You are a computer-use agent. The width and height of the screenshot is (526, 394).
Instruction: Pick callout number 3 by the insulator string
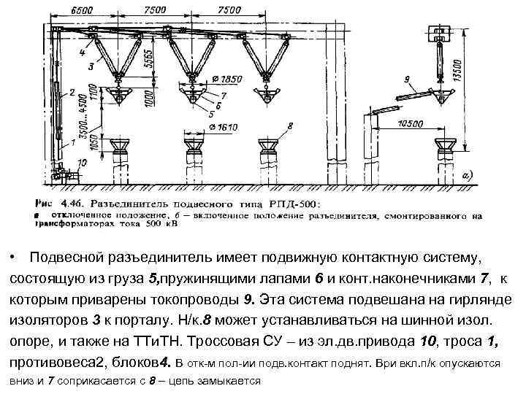point(91,66)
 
